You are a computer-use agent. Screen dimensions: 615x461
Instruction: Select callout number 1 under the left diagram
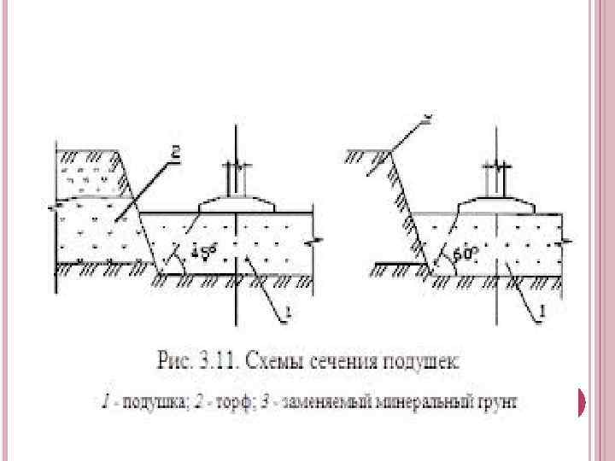[289, 314]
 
